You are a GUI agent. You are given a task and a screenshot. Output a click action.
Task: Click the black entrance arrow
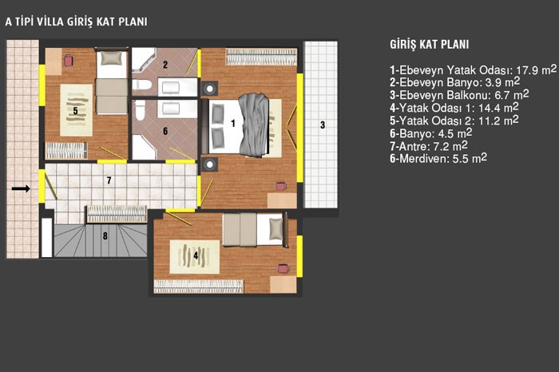(x=21, y=188)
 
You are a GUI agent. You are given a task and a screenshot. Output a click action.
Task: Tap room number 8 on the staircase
(x=105, y=235)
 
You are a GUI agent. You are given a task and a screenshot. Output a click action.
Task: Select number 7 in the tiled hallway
(x=109, y=180)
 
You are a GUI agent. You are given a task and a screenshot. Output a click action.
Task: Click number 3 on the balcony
(x=323, y=125)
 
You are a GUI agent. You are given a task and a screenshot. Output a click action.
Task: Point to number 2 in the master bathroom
(x=165, y=65)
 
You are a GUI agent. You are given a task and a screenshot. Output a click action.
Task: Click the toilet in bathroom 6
(x=141, y=109)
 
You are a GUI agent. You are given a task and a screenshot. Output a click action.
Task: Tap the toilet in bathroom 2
(x=142, y=85)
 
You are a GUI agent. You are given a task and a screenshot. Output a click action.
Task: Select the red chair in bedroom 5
(x=69, y=61)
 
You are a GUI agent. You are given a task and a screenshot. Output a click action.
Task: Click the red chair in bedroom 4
(x=283, y=268)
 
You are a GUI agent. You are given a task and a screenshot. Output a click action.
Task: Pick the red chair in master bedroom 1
(x=281, y=186)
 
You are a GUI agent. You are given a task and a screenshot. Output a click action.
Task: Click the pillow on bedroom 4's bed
(x=276, y=229)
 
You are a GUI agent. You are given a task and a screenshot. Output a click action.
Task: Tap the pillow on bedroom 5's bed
(x=112, y=58)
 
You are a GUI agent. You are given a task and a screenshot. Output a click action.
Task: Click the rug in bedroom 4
(x=195, y=257)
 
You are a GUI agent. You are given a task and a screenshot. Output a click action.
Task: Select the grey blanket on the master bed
(x=253, y=125)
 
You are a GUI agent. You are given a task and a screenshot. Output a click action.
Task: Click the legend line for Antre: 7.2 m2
(x=429, y=146)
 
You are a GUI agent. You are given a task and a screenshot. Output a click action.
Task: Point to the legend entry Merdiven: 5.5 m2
(x=438, y=158)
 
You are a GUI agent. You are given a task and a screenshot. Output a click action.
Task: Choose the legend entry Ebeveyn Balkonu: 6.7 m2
(x=459, y=95)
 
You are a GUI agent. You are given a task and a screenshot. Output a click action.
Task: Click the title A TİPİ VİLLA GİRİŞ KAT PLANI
(x=76, y=22)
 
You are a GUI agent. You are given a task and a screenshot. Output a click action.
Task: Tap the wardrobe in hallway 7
(x=117, y=214)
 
